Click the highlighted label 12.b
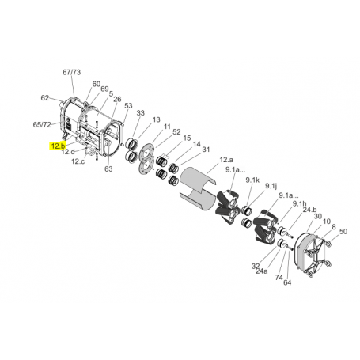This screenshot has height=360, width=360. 58,146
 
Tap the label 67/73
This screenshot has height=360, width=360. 71,72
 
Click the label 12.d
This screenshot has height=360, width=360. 68,152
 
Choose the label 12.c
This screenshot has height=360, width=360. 78,161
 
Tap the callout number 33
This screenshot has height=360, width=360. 140,114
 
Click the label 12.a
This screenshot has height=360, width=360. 203,160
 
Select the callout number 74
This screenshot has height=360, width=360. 279,278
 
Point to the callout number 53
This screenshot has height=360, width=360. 127,106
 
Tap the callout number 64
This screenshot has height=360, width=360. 288,282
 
